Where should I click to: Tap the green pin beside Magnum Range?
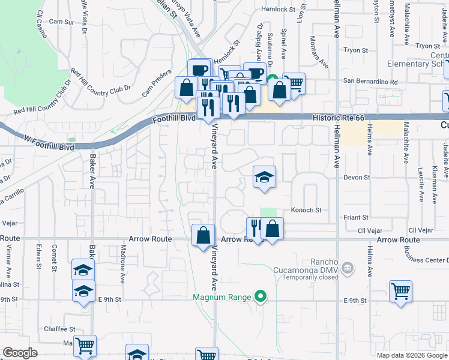click(x=260, y=296)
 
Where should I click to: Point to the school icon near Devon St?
click(x=264, y=178)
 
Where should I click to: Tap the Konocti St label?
click(x=307, y=210)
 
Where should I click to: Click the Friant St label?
click(x=357, y=217)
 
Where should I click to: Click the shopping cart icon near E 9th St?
click(x=400, y=292)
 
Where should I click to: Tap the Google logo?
click(x=20, y=353)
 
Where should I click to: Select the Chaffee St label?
click(x=59, y=329)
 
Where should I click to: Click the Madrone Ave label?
click(x=122, y=264)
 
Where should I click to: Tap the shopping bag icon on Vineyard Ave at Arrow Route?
click(x=203, y=235)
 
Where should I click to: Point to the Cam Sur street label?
click(x=61, y=22)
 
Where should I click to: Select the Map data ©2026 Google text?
click(x=411, y=355)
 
